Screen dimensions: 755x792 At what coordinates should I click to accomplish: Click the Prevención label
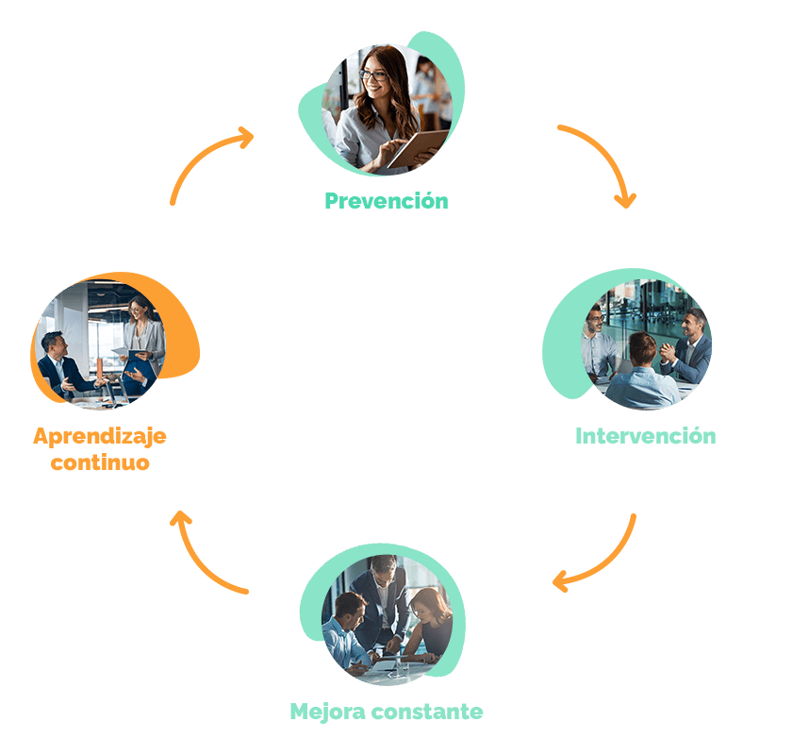click(386, 201)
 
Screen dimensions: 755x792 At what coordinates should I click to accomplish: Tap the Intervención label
click(645, 436)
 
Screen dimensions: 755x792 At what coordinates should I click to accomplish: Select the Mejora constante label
click(386, 711)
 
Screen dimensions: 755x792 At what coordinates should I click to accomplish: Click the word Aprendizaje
click(100, 436)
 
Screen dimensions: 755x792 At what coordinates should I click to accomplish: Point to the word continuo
click(100, 462)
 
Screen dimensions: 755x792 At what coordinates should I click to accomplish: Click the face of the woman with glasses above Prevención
click(373, 77)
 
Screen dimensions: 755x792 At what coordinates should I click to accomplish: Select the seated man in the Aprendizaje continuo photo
click(58, 363)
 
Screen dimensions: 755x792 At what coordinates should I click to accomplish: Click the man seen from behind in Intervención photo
click(642, 373)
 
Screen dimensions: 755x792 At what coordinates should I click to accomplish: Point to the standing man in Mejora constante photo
click(385, 595)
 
